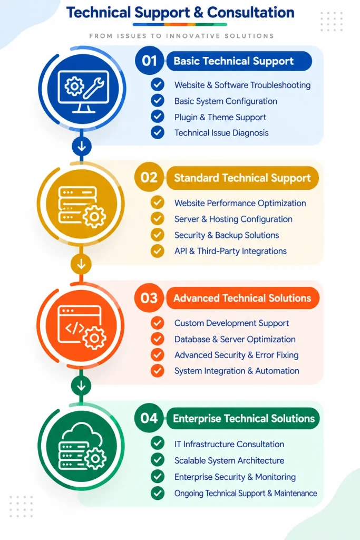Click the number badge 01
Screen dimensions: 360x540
tap(149, 61)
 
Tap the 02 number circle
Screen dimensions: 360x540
tap(149, 177)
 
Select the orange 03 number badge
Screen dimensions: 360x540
tap(149, 298)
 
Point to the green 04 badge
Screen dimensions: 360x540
tap(149, 418)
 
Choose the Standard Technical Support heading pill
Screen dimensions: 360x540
tap(242, 178)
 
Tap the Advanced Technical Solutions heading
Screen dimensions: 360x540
tap(242, 298)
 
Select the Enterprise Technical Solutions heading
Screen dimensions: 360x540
tap(243, 418)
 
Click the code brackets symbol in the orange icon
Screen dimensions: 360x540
tap(75, 327)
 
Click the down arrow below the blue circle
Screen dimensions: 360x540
tap(82, 147)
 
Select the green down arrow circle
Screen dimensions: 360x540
tap(81, 385)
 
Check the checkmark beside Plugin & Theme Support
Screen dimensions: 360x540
tap(157, 117)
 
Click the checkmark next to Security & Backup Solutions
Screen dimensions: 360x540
tap(157, 235)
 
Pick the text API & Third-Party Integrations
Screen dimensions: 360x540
tap(230, 251)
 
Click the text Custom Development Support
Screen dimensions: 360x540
tap(231, 323)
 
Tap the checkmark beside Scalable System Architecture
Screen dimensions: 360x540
tap(157, 460)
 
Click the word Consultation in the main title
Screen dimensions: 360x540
tap(250, 13)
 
